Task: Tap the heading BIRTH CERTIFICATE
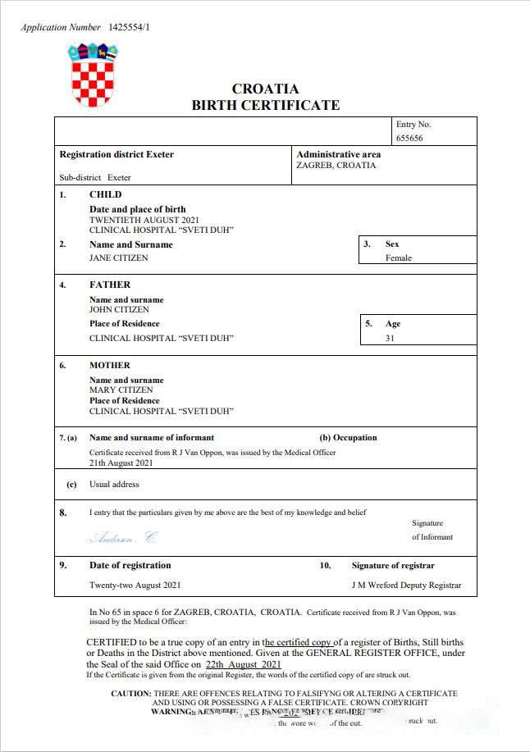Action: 265,105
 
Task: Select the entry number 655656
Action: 409,139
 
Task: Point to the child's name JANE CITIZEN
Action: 119,258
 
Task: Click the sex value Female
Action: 399,258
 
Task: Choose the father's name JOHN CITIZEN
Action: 120,310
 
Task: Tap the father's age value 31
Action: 390,338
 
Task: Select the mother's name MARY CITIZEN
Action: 121,390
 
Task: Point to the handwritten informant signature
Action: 123,538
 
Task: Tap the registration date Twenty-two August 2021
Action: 135,585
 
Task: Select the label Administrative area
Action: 338,154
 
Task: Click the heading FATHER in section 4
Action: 110,285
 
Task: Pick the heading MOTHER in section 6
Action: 110,365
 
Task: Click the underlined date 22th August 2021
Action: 244,664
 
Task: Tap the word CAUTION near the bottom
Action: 131,694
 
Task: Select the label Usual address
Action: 114,484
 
